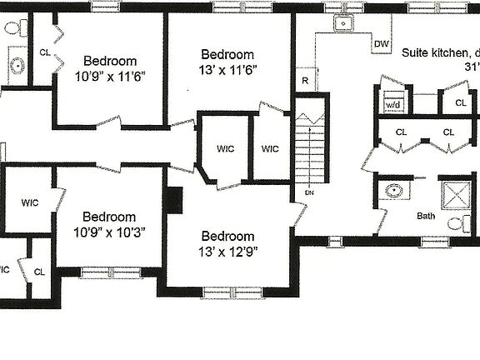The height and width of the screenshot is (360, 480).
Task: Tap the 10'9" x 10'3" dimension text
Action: [x=109, y=232]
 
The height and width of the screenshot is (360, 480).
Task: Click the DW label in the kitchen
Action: [x=382, y=43]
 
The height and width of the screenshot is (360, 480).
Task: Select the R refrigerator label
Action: [x=306, y=81]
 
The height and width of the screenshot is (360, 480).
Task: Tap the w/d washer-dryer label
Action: [x=392, y=106]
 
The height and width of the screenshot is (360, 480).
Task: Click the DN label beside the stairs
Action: [x=309, y=192]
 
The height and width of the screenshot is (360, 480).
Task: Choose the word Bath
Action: [x=426, y=216]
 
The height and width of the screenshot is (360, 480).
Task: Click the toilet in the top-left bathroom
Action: [x=13, y=30]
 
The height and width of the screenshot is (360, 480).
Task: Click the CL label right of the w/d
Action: [x=461, y=102]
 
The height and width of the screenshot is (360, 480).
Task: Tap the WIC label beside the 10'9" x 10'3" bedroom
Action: [x=30, y=202]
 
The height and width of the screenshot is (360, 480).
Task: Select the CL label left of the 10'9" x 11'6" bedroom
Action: [x=44, y=52]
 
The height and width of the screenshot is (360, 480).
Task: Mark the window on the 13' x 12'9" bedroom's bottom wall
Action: [x=227, y=292]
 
